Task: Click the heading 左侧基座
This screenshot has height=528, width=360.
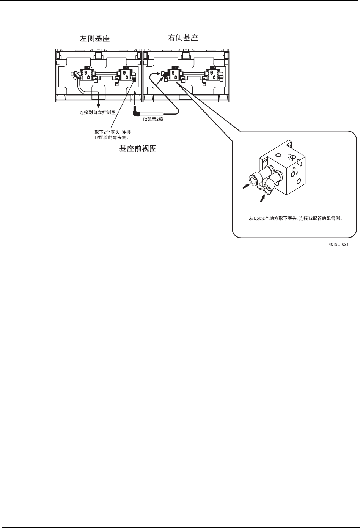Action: click(94, 39)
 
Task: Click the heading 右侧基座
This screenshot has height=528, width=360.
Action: click(183, 38)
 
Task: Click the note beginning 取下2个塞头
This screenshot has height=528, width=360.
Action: click(113, 135)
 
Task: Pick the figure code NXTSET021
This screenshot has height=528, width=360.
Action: click(339, 245)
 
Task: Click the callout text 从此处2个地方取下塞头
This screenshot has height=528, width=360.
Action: click(294, 219)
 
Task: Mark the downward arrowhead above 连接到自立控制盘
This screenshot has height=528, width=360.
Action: click(99, 107)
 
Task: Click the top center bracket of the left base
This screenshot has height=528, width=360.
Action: click(99, 56)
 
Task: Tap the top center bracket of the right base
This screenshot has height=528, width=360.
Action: click(186, 56)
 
